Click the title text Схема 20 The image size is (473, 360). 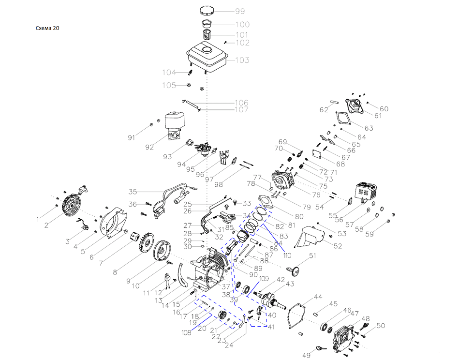click(47, 28)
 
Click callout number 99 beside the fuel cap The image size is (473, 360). click(240, 11)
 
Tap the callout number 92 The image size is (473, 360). click(149, 147)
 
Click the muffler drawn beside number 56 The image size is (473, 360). click(367, 191)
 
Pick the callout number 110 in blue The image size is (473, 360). click(287, 255)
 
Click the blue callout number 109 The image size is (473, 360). click(264, 279)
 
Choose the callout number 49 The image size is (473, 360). click(306, 355)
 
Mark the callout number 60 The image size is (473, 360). click(384, 108)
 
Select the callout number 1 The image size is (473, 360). click(38, 219)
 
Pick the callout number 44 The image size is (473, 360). click(318, 297)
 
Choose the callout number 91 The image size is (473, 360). click(131, 138)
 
